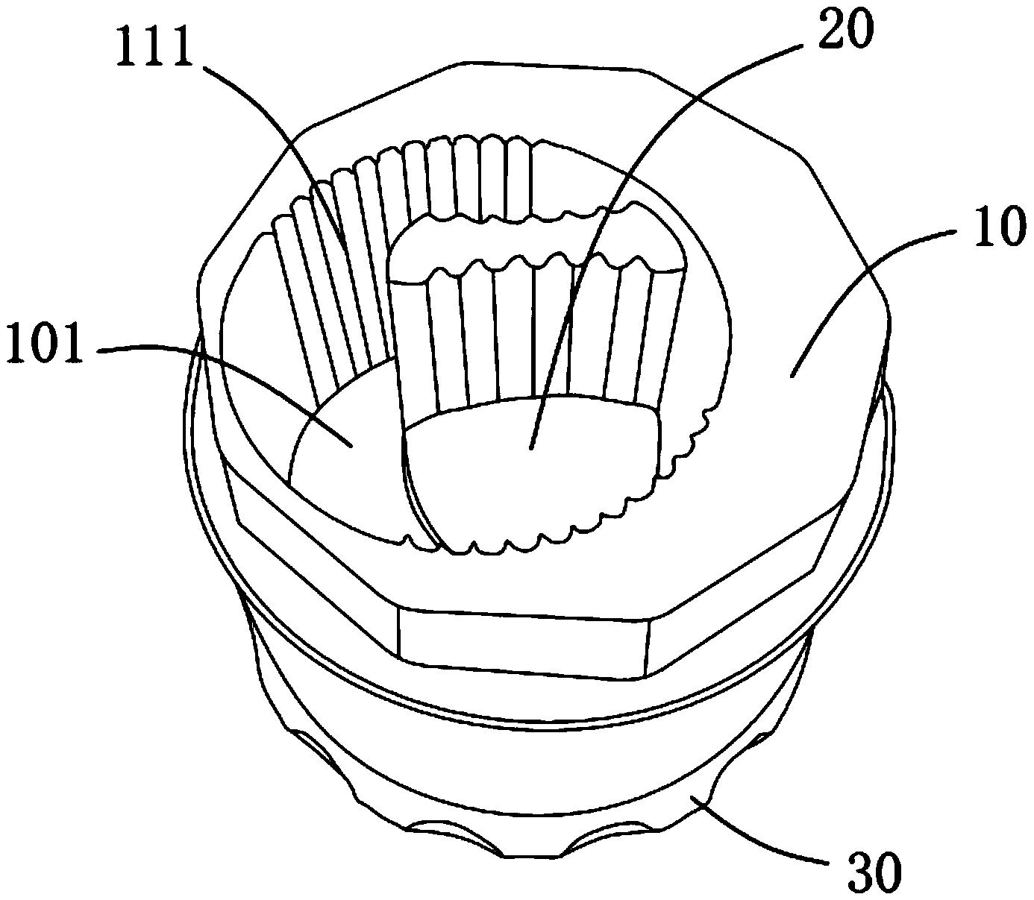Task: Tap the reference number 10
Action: coord(997,225)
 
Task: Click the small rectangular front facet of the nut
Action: coord(523,642)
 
